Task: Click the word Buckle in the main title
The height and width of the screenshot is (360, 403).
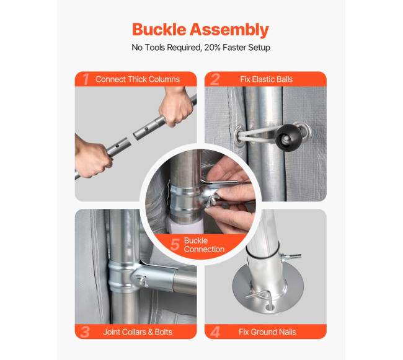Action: click(159, 29)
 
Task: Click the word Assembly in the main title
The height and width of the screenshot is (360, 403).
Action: click(229, 30)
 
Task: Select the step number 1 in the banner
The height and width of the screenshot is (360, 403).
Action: click(86, 79)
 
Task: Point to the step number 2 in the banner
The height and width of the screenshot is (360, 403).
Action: click(215, 79)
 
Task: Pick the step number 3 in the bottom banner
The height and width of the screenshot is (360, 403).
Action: click(85, 331)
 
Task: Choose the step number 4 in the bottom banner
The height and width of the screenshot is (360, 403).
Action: click(215, 331)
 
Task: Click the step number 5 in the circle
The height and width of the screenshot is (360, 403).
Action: click(175, 245)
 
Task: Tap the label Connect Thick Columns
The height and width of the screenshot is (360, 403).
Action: click(138, 79)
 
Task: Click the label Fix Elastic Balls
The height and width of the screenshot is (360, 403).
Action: click(266, 79)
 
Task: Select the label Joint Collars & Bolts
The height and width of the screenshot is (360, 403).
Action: click(138, 332)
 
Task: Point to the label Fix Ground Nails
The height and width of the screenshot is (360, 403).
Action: click(267, 332)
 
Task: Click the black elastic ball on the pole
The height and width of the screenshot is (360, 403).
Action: click(286, 138)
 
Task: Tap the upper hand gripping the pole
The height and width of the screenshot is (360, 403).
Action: click(177, 106)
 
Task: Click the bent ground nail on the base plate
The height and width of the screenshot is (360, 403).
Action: click(262, 298)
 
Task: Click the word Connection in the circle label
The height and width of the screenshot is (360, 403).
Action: click(204, 249)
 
